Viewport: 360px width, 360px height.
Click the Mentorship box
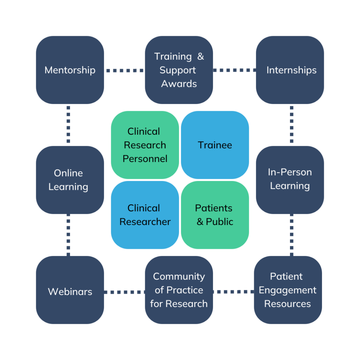point(70,70)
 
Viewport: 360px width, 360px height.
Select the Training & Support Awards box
point(179,70)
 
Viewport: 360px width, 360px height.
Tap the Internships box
point(290,70)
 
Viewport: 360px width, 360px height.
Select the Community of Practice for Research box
point(179,290)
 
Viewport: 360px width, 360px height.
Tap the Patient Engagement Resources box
point(288,290)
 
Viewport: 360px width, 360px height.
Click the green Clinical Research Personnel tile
point(145,145)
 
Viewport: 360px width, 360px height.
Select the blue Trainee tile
point(215,145)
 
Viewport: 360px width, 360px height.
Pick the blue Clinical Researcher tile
point(145,215)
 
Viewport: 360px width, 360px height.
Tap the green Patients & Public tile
point(215,215)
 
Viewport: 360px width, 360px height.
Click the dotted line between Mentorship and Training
point(124,71)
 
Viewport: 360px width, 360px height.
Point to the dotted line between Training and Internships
point(234,70)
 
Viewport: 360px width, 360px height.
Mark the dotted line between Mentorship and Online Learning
point(68,124)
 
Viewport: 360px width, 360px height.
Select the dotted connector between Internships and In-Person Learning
point(292,124)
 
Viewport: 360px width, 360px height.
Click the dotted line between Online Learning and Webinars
point(68,234)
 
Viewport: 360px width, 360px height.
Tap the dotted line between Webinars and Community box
point(124,292)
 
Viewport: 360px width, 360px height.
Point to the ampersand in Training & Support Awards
point(200,57)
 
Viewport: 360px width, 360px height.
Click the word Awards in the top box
point(179,84)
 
